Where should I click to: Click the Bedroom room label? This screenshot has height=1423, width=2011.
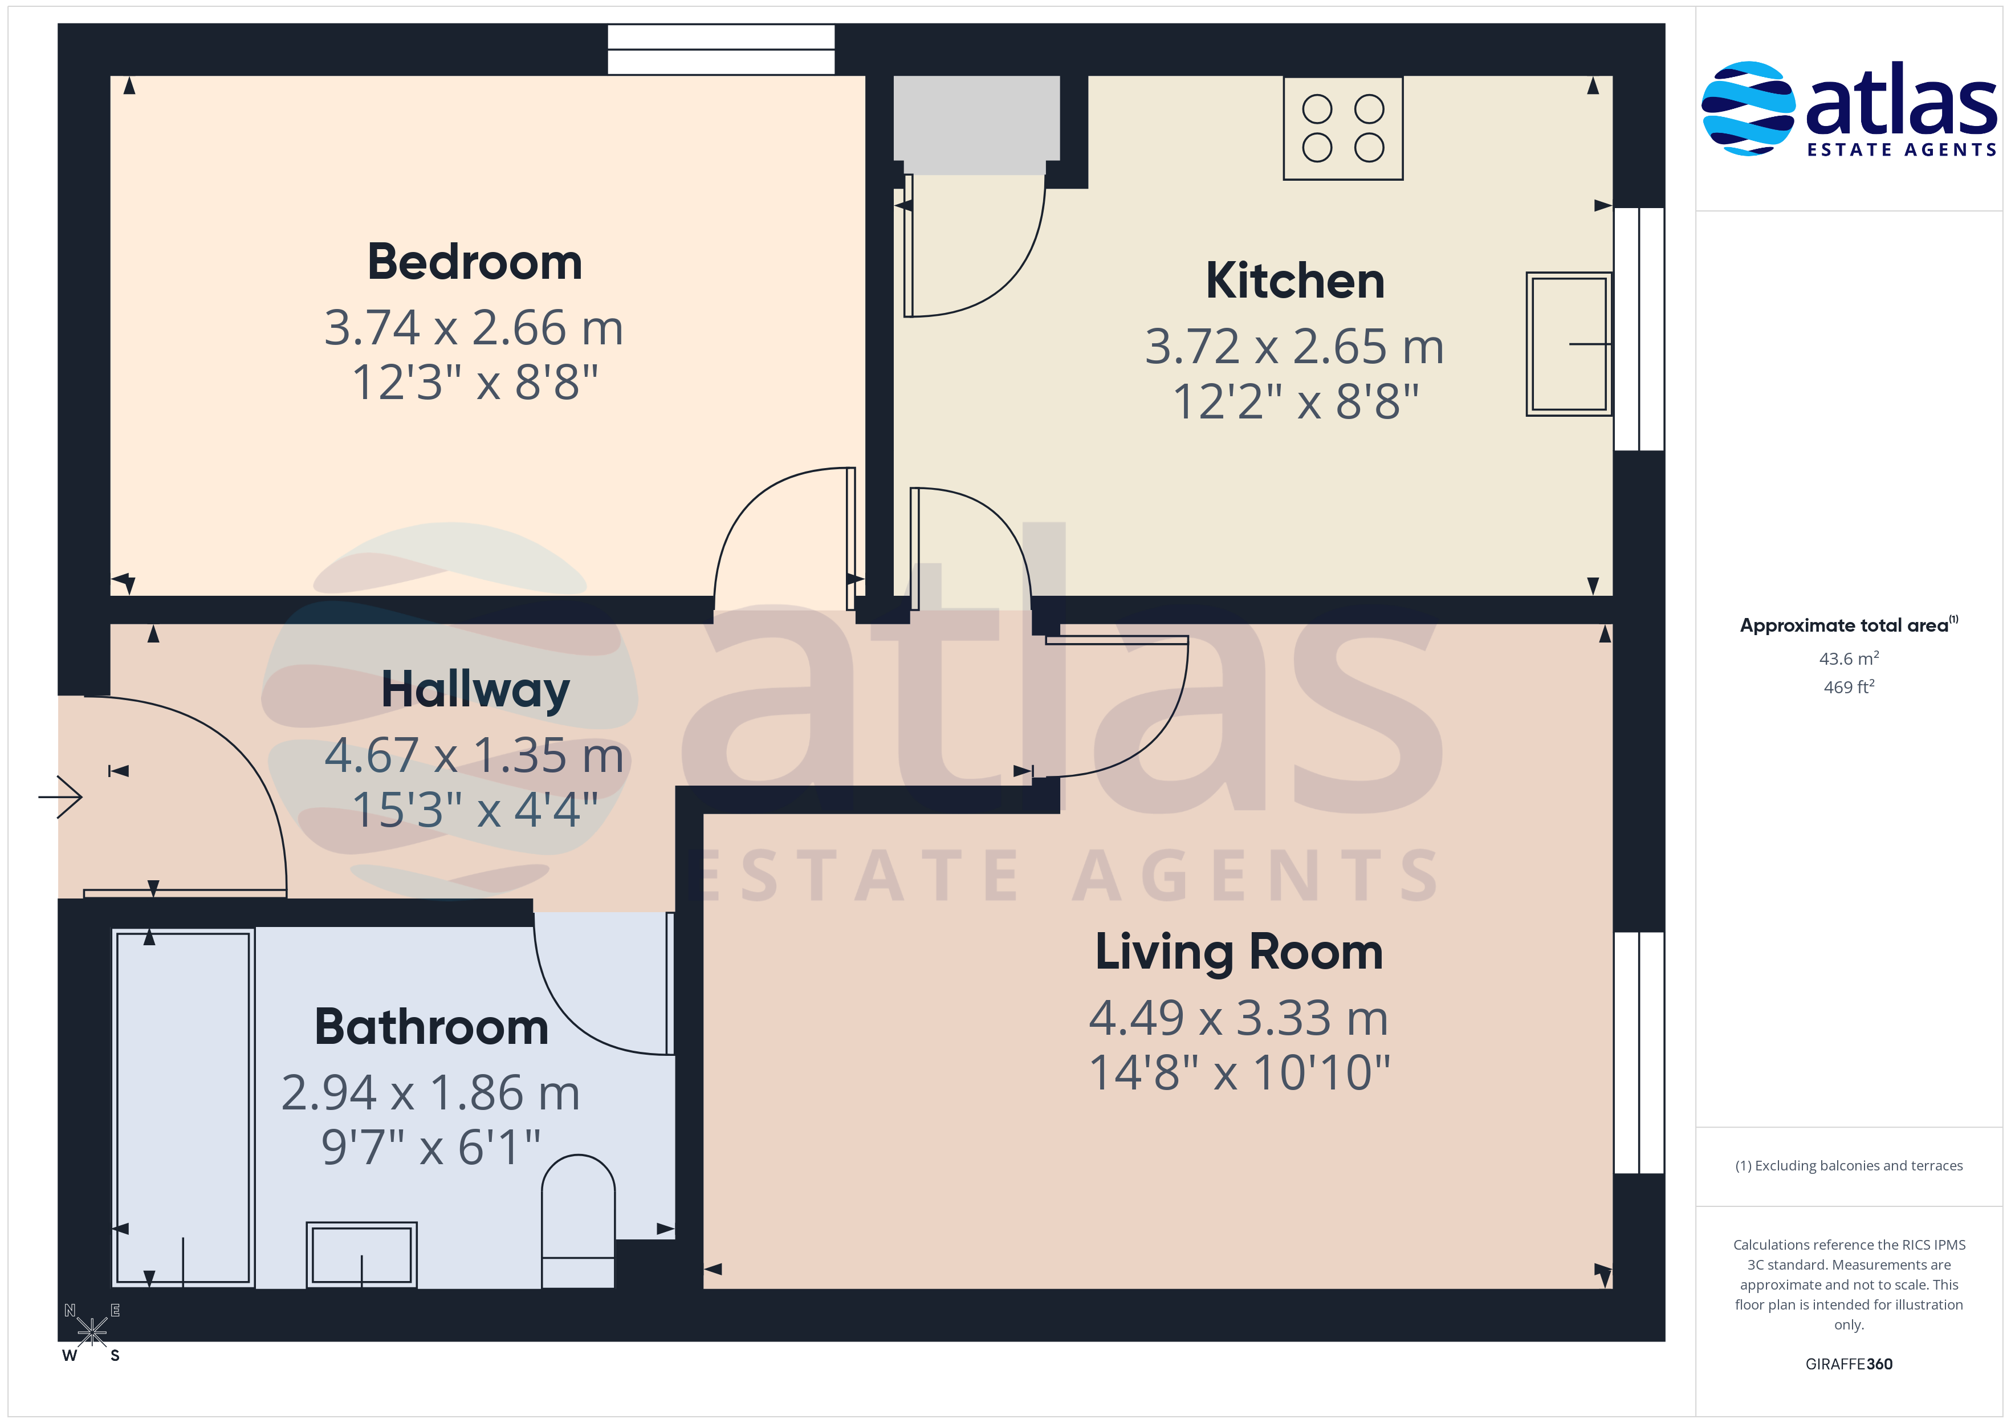point(475,262)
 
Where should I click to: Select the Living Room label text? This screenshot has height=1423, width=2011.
point(1239,953)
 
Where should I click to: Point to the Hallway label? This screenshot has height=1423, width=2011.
point(475,690)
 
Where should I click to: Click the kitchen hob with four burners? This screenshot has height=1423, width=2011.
point(1343,128)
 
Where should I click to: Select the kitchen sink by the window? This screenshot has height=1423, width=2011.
point(1569,343)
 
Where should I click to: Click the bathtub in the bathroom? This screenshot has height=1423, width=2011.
point(183,1108)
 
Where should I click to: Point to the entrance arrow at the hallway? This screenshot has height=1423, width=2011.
point(60,796)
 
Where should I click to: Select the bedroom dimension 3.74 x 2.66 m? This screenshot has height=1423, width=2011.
point(474,328)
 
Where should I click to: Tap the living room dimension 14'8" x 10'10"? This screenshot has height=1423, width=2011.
point(1239,1072)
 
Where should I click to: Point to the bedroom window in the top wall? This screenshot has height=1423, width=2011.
point(721,49)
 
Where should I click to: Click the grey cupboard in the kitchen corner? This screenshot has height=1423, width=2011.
point(976,124)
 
